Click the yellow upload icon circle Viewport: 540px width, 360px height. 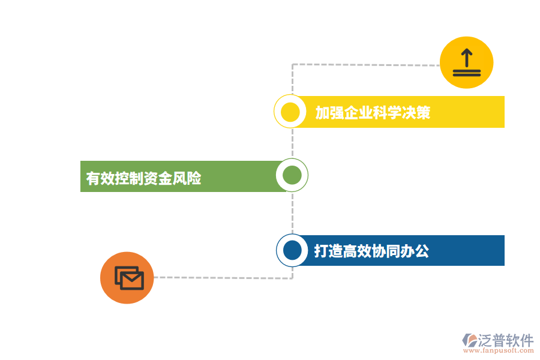(x=466, y=62)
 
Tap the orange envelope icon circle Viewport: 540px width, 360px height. (x=127, y=278)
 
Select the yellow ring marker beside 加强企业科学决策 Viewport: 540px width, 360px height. (x=290, y=112)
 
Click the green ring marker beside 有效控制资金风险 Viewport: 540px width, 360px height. (x=292, y=175)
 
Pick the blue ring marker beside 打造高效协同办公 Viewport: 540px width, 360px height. (x=292, y=250)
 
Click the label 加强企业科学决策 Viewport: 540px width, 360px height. (x=373, y=113)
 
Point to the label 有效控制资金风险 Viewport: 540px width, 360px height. (x=143, y=178)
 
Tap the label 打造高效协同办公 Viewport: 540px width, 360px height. (x=371, y=251)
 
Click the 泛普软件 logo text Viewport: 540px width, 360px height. (x=506, y=340)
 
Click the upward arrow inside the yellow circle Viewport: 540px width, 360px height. (x=466, y=58)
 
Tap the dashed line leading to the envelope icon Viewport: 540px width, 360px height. (x=222, y=277)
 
